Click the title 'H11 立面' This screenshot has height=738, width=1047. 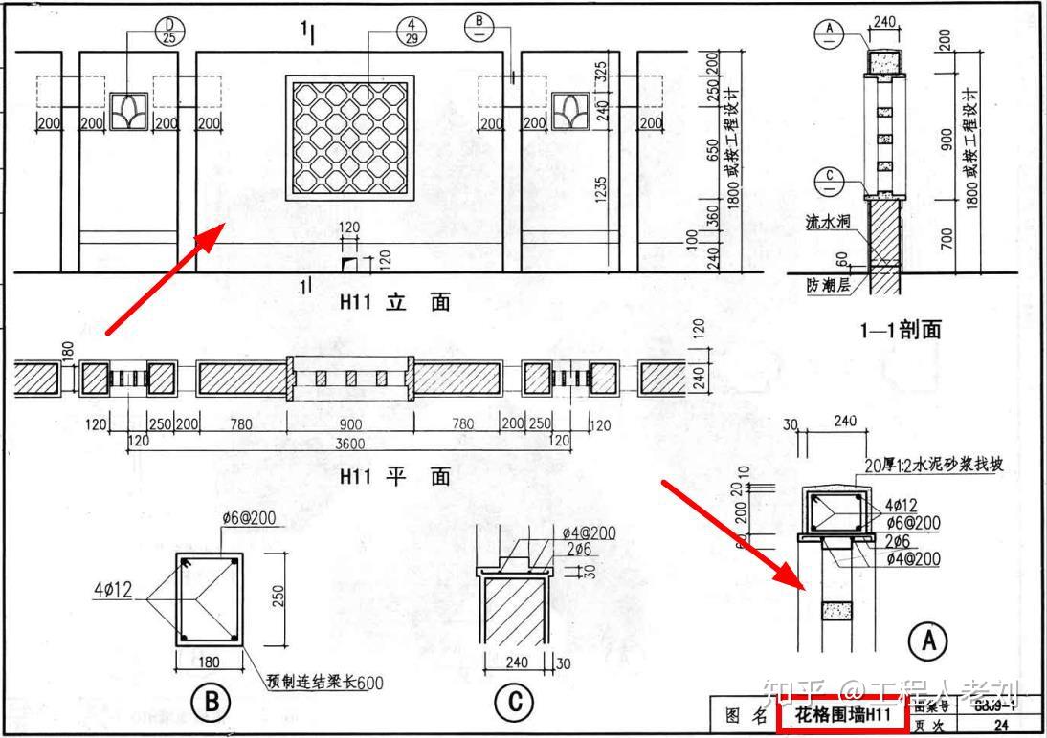tap(394, 303)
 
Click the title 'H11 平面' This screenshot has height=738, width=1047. tap(394, 476)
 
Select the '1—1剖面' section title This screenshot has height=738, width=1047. tap(900, 331)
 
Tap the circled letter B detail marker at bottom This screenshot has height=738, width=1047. tap(211, 704)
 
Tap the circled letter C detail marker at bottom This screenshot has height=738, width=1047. tap(514, 704)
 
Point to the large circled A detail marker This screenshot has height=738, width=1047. tap(927, 642)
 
